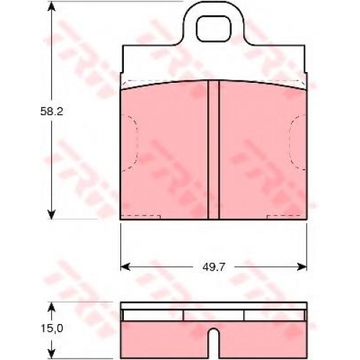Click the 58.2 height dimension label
tap(52, 112)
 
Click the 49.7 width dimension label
tap(214, 267)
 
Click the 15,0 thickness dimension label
tap(52, 328)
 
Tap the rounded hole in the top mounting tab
tap(214, 28)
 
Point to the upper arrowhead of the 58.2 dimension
tap(51, 6)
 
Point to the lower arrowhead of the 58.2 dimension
tap(51, 214)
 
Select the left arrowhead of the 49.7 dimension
tap(125, 266)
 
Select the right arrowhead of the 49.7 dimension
tap(302, 266)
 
